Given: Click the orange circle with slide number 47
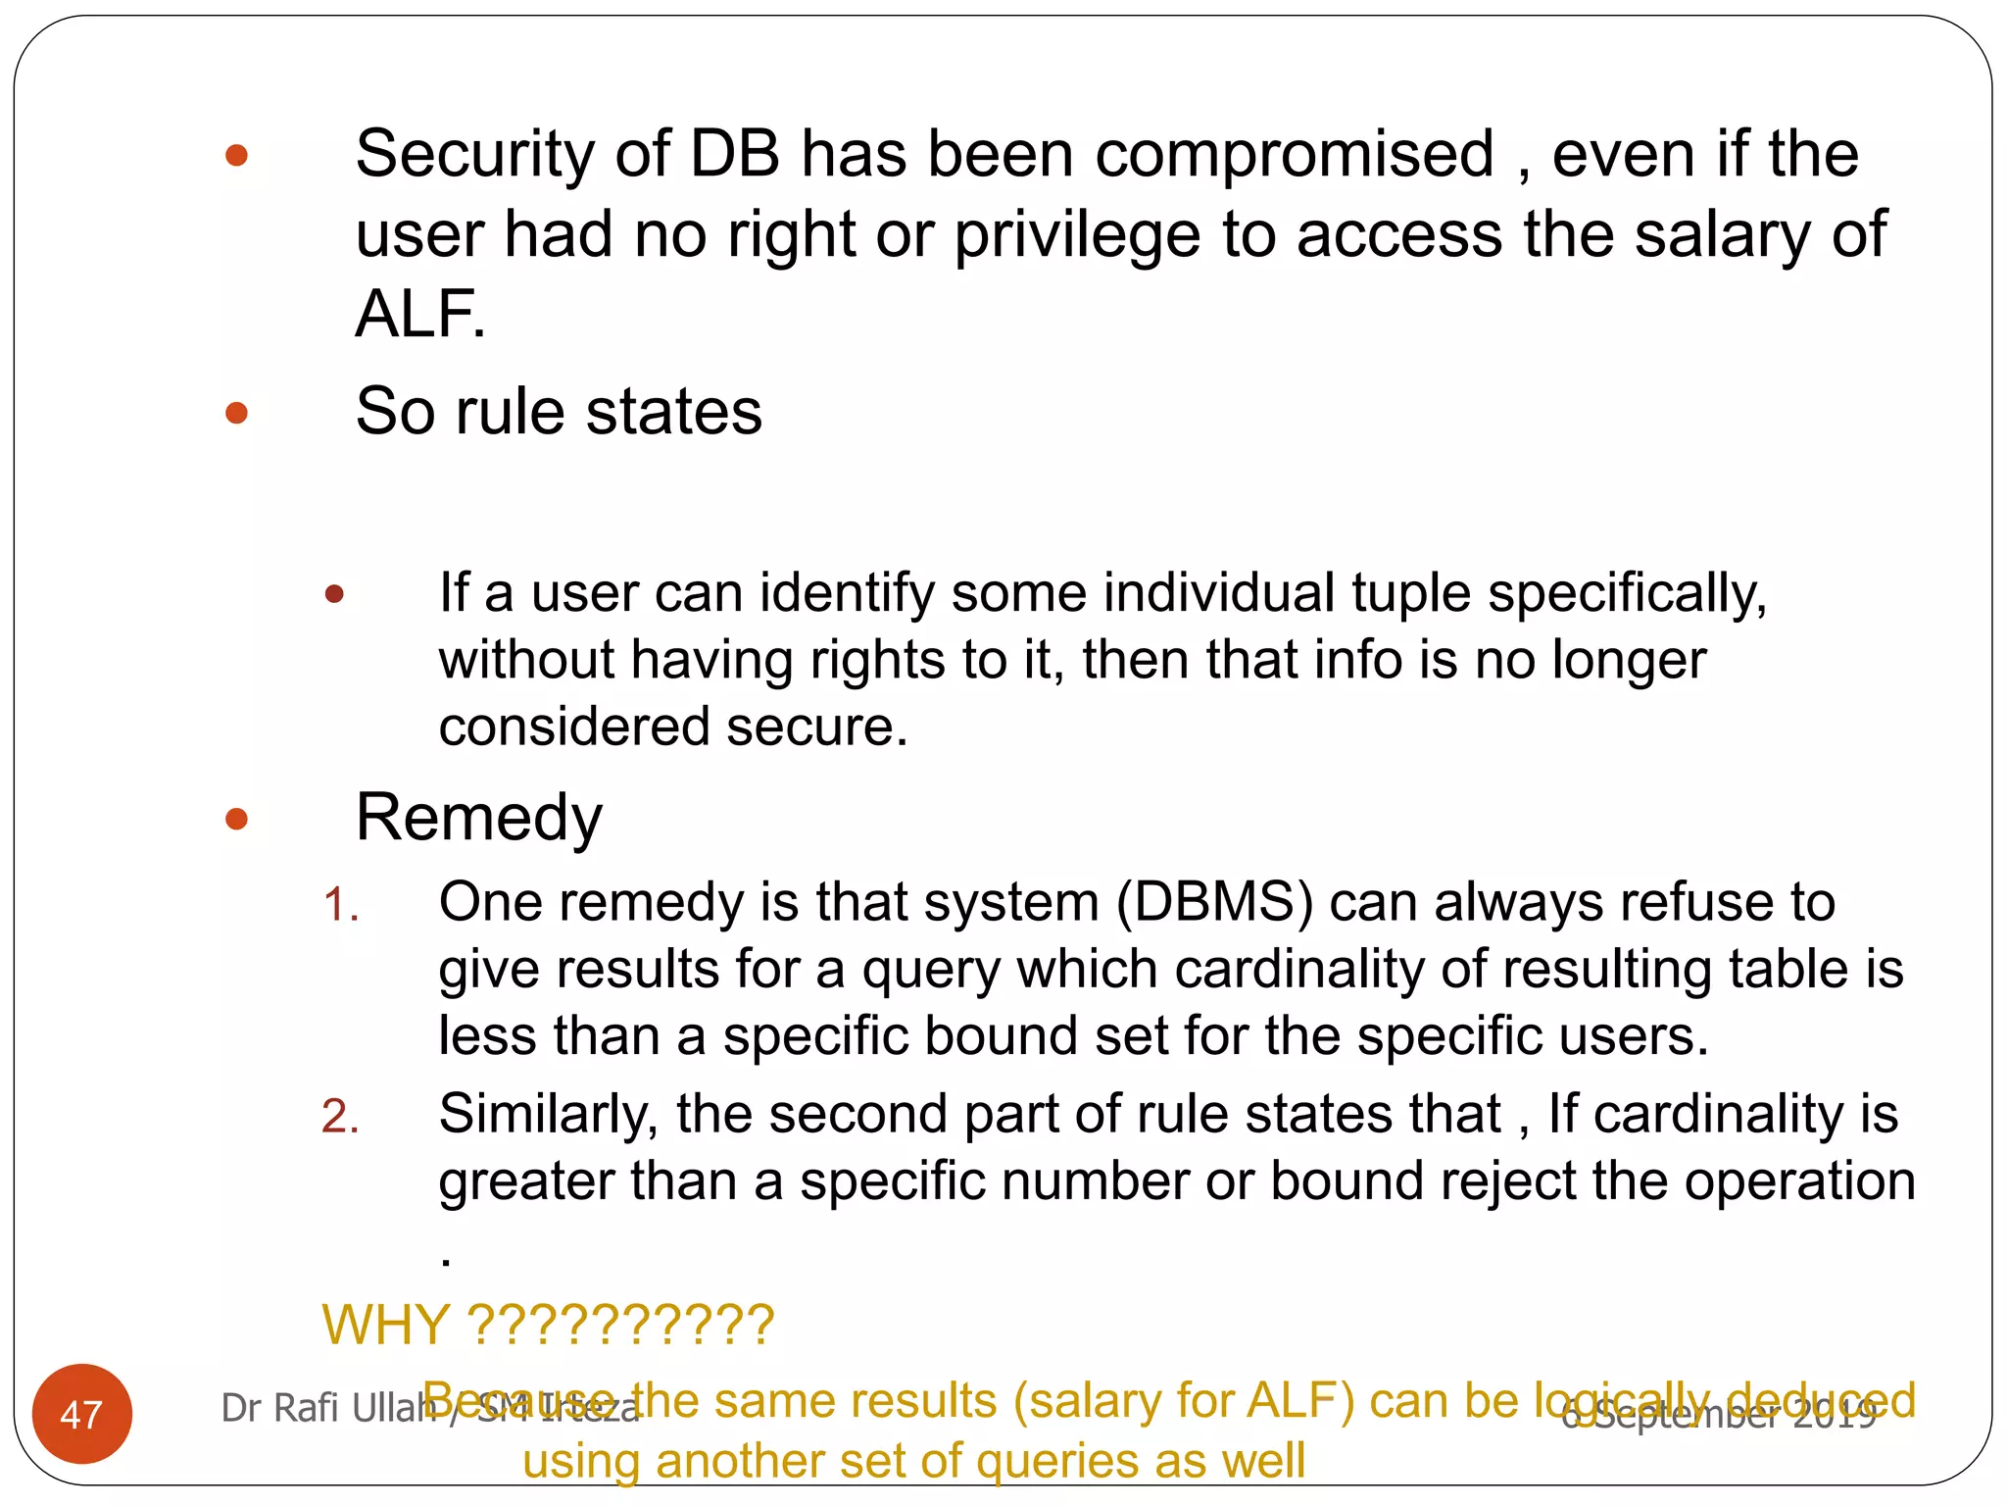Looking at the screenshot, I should point(81,1413).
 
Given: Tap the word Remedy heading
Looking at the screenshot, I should point(478,818).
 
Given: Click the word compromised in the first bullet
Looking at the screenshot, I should point(1295,155).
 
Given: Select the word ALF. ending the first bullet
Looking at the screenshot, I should point(420,315).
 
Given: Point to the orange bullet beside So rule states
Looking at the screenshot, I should point(236,413).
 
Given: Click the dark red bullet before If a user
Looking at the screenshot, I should point(334,594).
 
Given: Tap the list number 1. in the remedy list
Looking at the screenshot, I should point(340,904).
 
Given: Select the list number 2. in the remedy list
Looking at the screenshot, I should point(340,1117).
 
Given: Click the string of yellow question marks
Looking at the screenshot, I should point(621,1325).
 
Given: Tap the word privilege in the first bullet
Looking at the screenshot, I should point(1077,235).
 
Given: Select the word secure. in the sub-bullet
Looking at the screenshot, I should point(817,728).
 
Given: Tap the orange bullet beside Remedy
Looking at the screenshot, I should point(236,819).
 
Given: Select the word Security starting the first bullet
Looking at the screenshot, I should point(474,155).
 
